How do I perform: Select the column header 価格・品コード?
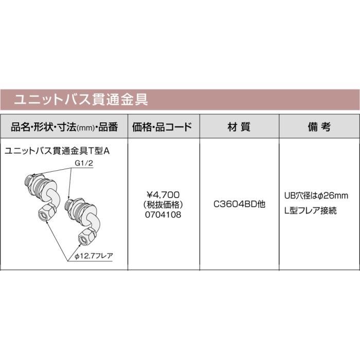click(163, 126)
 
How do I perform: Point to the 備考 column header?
click(319, 126)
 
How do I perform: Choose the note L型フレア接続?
click(310, 211)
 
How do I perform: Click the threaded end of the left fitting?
click(29, 183)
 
